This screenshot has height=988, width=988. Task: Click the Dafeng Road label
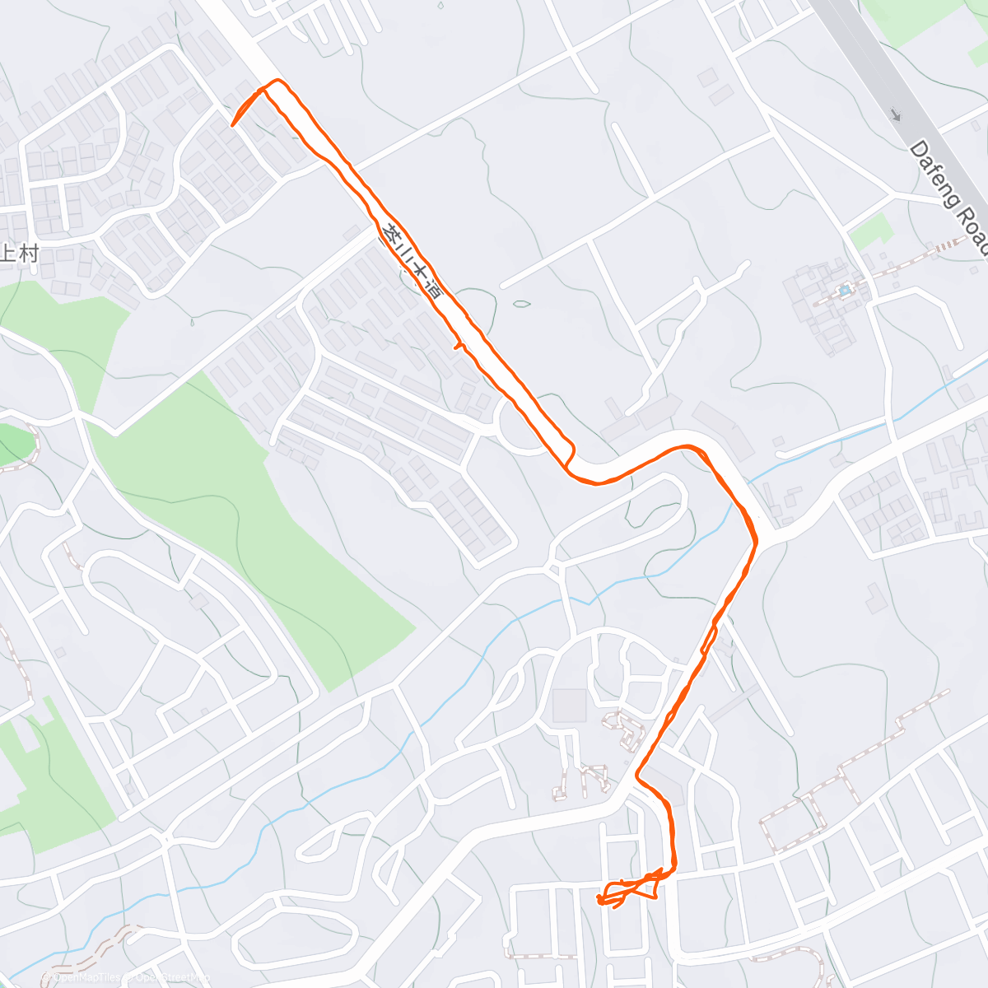click(948, 198)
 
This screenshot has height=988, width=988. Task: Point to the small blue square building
click(843, 291)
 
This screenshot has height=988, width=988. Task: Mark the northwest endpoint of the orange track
click(233, 125)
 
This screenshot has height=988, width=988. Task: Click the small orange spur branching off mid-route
click(458, 347)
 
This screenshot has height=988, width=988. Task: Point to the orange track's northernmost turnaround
click(277, 82)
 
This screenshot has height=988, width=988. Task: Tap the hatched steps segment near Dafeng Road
click(947, 245)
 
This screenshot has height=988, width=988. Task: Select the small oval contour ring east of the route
click(521, 304)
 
